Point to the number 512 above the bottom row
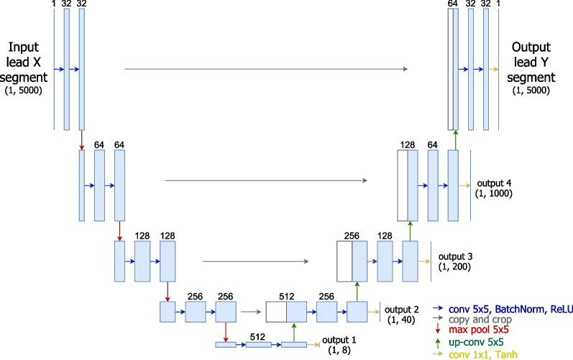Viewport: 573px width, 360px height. [x=258, y=334]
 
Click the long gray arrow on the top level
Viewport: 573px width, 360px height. [x=266, y=70]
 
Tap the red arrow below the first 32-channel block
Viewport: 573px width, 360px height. [x=82, y=139]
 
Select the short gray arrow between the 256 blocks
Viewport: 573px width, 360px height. [x=250, y=312]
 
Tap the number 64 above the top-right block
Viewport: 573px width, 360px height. [x=452, y=4]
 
